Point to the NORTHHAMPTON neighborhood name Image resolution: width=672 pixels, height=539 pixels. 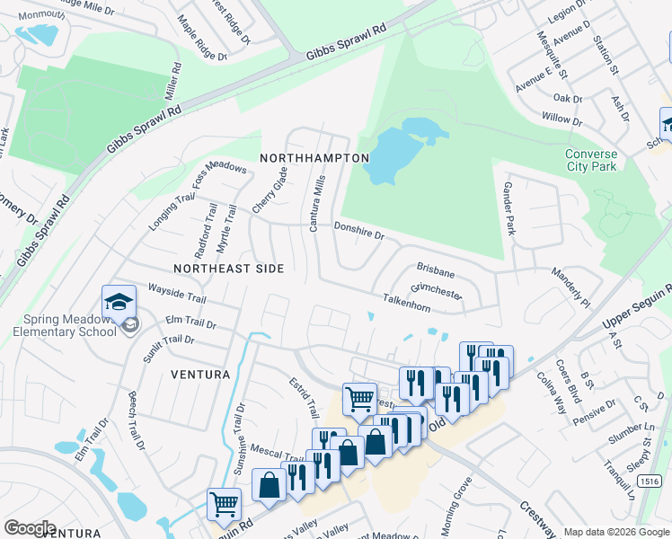click(x=314, y=158)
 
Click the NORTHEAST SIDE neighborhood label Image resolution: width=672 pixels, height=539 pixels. click(x=228, y=269)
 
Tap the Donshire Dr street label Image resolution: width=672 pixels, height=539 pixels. click(x=358, y=232)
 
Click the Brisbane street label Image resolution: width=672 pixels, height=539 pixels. click(x=436, y=269)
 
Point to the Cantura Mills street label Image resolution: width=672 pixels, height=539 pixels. click(x=316, y=203)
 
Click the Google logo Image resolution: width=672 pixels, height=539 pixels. click(x=30, y=527)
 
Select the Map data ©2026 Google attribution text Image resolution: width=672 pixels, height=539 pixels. click(x=615, y=532)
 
